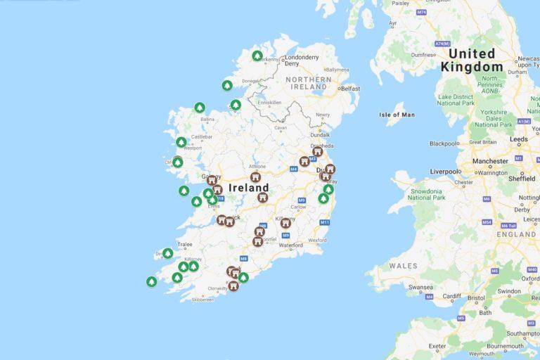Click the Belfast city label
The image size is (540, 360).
350,89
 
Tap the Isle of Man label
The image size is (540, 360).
397,115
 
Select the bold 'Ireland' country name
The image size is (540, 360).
248,188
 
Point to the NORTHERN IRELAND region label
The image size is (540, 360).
309,84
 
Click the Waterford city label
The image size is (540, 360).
290,246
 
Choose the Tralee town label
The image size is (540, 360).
185,245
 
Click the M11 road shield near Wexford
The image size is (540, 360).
325,223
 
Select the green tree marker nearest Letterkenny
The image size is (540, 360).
257,56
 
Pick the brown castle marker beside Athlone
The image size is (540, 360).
255,177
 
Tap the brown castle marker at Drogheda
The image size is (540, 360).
317,151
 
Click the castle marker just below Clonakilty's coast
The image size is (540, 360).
233,285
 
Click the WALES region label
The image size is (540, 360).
404,266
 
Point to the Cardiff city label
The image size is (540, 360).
452,296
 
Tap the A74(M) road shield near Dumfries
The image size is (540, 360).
442,44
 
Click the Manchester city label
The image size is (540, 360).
491,161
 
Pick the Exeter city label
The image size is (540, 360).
437,346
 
